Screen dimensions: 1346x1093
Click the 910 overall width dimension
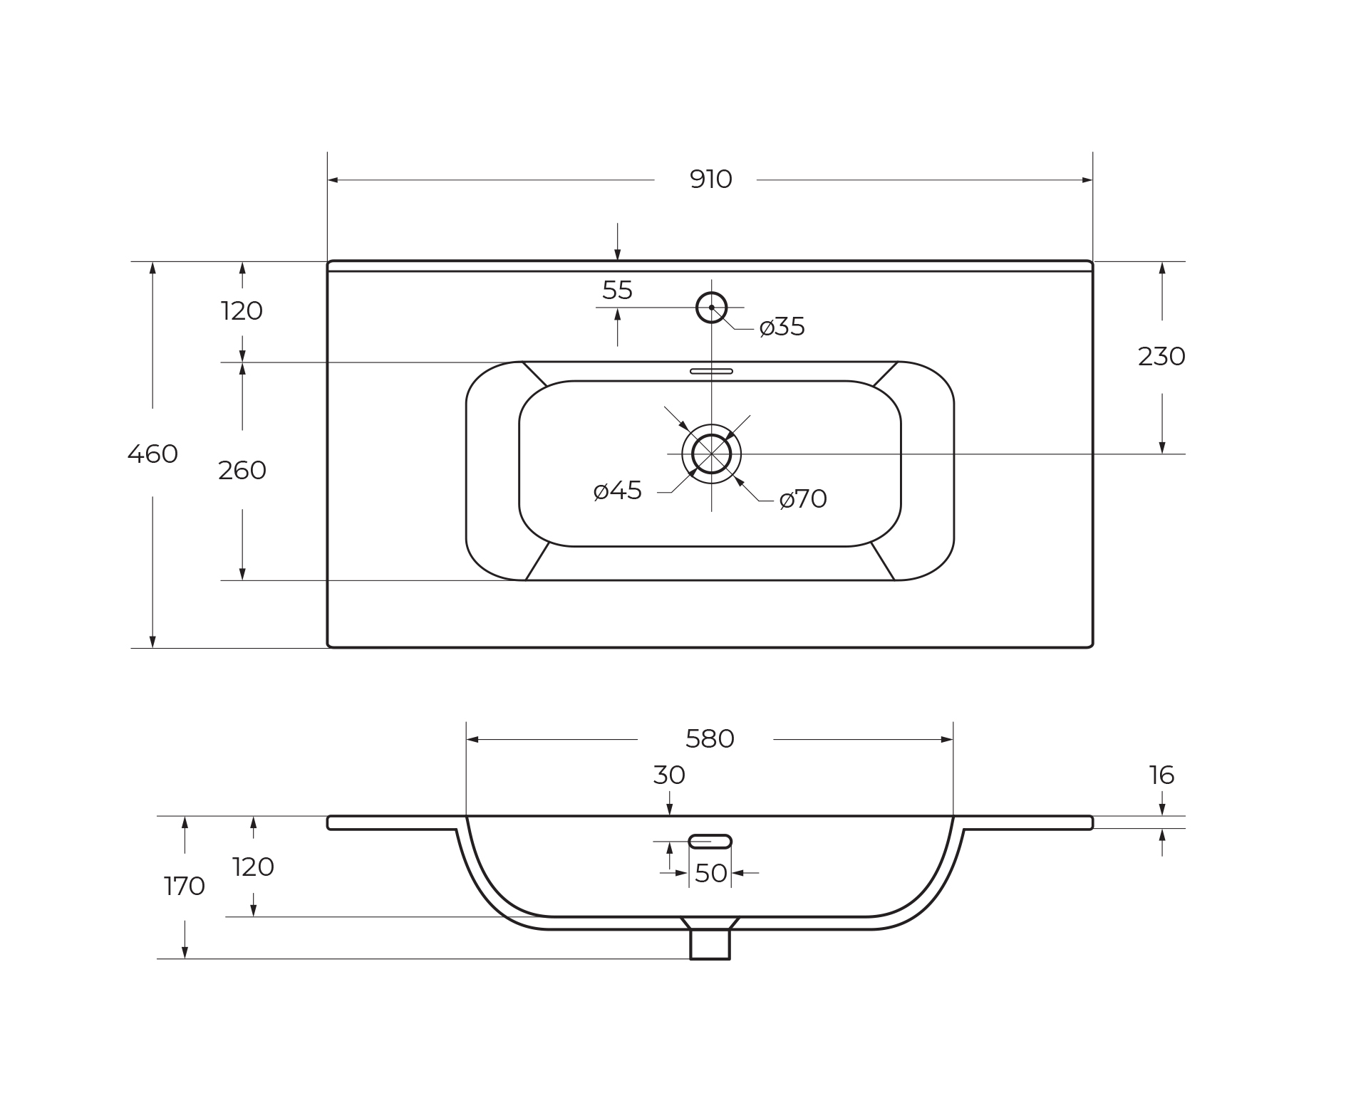click(x=710, y=179)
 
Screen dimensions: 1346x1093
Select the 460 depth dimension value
click(x=152, y=454)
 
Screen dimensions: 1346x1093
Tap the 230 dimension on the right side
click(x=1161, y=356)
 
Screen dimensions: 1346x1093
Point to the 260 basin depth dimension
click(x=242, y=470)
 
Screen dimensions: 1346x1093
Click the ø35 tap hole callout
click(x=782, y=327)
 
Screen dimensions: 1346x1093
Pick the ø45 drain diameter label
click(x=618, y=491)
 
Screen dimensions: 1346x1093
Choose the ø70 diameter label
click(x=803, y=499)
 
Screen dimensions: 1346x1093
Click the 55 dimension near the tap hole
click(x=617, y=290)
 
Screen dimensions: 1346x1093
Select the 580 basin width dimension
click(x=710, y=739)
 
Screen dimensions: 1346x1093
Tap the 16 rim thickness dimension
click(x=1161, y=775)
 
